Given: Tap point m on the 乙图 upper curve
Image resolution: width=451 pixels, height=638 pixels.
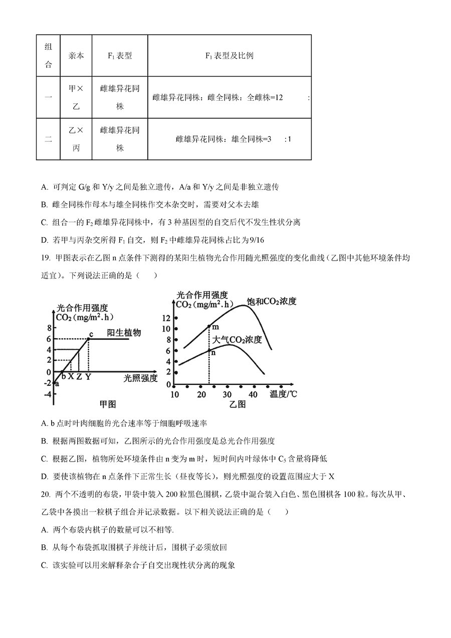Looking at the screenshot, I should click(209, 326).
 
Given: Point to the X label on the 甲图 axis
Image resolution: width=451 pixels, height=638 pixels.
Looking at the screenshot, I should click(71, 376).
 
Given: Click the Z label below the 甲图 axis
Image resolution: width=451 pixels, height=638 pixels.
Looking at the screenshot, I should click(79, 376).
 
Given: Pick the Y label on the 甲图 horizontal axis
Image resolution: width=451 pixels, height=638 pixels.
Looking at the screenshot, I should click(88, 376).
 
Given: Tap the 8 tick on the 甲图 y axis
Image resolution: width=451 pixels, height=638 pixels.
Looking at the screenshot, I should click(49, 328).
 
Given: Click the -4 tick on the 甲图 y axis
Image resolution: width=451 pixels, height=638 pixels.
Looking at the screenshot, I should click(47, 394).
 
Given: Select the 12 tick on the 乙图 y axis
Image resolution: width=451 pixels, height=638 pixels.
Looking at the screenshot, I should click(167, 318).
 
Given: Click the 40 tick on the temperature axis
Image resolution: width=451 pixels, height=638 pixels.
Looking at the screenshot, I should click(254, 394).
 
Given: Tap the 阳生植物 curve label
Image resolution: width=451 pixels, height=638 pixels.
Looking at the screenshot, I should click(124, 333).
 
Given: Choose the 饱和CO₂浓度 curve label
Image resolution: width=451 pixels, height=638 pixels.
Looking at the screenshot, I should click(272, 301).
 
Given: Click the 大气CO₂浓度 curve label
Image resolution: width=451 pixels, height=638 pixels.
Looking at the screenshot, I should click(237, 340).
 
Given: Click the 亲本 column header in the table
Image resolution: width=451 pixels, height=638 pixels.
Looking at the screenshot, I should click(76, 56).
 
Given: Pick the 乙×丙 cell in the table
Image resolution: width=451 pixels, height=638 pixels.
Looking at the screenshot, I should click(76, 139).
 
